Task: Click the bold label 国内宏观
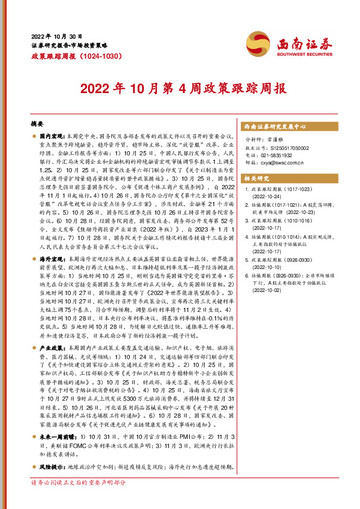click(53, 138)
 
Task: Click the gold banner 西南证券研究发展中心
click(275, 128)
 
